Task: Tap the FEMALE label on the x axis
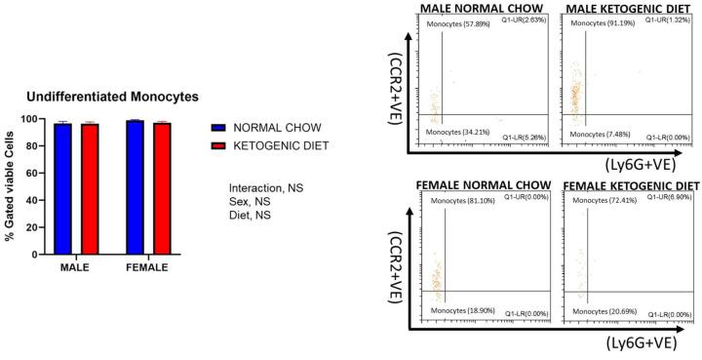tap(148, 265)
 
